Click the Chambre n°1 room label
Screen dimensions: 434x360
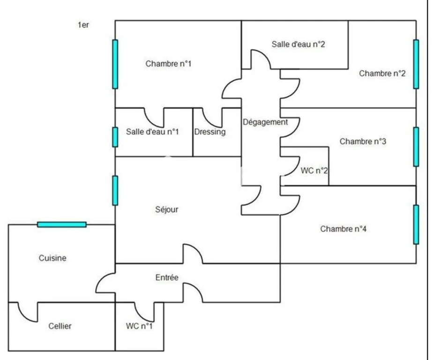point(168,64)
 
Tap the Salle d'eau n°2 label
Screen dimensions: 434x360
point(298,45)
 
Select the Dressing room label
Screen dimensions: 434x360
point(210,132)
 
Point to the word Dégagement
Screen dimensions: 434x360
point(265,122)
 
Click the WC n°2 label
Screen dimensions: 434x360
point(314,171)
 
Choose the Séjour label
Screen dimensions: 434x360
point(167,210)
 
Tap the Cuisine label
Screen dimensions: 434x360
point(52,258)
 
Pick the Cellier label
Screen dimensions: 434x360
point(60,326)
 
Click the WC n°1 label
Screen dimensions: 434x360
point(139,326)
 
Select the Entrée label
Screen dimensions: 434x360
point(167,277)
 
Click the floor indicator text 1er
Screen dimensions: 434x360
point(83,25)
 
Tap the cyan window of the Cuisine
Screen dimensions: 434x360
point(62,225)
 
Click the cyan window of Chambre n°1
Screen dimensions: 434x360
point(115,64)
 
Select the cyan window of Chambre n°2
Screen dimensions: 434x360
point(416,64)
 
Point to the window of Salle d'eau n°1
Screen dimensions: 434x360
point(115,137)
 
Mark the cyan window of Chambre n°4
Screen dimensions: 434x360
point(416,225)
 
